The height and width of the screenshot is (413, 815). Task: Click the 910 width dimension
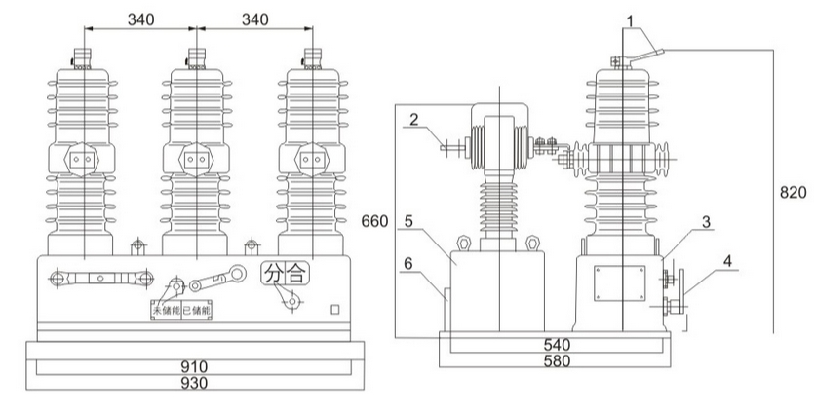(x=198, y=367)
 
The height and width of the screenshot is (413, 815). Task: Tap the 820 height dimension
(x=793, y=192)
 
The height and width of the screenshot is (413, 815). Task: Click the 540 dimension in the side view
(x=556, y=345)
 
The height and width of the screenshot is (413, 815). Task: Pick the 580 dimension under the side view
(x=556, y=360)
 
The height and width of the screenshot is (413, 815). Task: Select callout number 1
(x=631, y=19)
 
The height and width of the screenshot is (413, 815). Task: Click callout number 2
(x=414, y=120)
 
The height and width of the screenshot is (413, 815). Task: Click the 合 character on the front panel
(x=296, y=275)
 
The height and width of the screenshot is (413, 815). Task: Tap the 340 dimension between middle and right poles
(x=253, y=19)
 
